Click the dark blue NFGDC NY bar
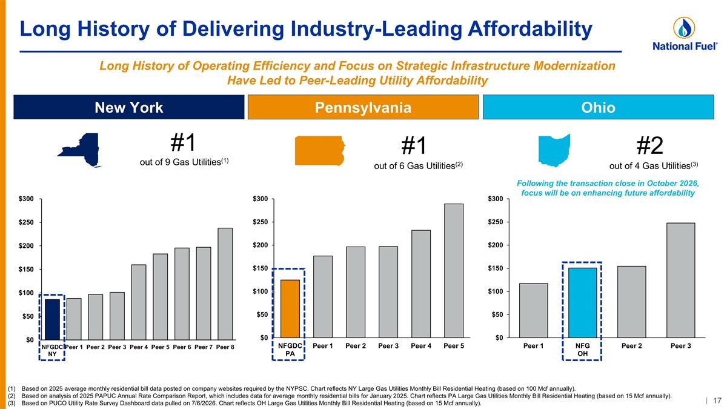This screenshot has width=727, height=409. coord(52,319)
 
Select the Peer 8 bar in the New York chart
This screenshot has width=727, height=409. coord(225,284)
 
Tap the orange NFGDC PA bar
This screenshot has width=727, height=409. coord(290,308)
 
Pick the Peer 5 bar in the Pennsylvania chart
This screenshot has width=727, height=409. coord(454,271)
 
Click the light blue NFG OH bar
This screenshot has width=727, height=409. coord(582,303)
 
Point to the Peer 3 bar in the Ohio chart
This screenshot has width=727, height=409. coord(680,281)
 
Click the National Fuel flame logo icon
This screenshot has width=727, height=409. coord(684,28)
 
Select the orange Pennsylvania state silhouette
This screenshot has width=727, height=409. coord(320,151)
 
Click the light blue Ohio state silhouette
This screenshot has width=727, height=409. coord(554,150)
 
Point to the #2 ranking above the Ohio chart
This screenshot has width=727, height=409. coord(649,146)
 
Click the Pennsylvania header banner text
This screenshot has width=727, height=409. coord(363,107)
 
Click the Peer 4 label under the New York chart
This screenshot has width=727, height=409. coord(139,347)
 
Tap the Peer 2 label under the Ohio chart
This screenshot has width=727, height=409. coord(631,346)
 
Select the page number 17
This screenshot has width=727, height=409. coord(717,401)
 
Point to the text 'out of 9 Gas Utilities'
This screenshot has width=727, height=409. coord(181,162)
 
